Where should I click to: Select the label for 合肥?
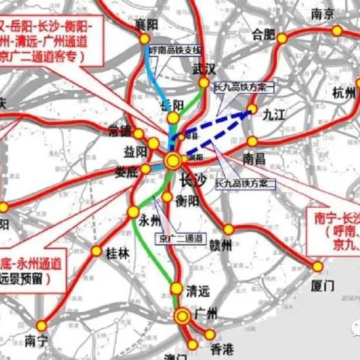coord(263,34)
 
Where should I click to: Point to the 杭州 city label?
coord(344,93)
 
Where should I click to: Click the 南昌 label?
coord(256,158)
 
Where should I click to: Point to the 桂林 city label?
coord(118,253)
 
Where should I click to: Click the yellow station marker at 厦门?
coord(317,266)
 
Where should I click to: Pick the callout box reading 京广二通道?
coord(179,238)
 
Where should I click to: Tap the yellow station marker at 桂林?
coord(94,251)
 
